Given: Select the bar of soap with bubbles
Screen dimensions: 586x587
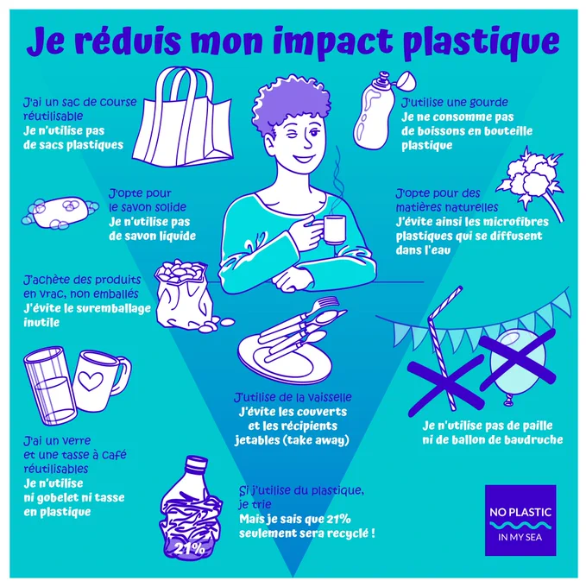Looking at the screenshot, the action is pos(60,213).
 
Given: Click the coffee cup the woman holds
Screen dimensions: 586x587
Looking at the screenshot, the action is pos(333,230).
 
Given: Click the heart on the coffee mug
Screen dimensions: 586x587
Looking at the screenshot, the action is pos(91,381).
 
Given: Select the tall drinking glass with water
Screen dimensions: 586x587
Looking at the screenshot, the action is pos(50,386).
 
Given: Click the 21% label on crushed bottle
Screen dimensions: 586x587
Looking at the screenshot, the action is pos(189,549).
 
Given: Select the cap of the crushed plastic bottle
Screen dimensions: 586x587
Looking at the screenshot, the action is pos(196,464).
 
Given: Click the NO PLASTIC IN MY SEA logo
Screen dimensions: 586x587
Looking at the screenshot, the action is pos(520,521).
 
